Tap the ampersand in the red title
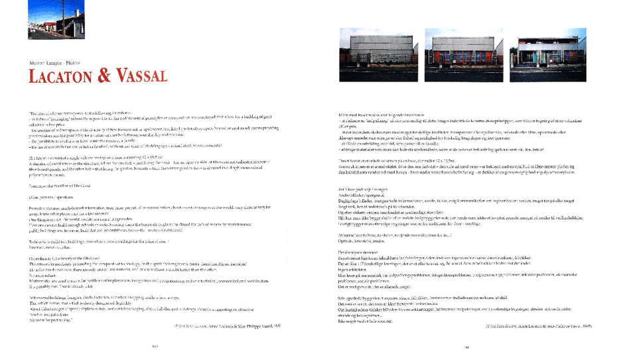(x=103, y=76)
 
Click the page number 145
(x=155, y=345)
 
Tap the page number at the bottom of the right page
(x=467, y=345)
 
